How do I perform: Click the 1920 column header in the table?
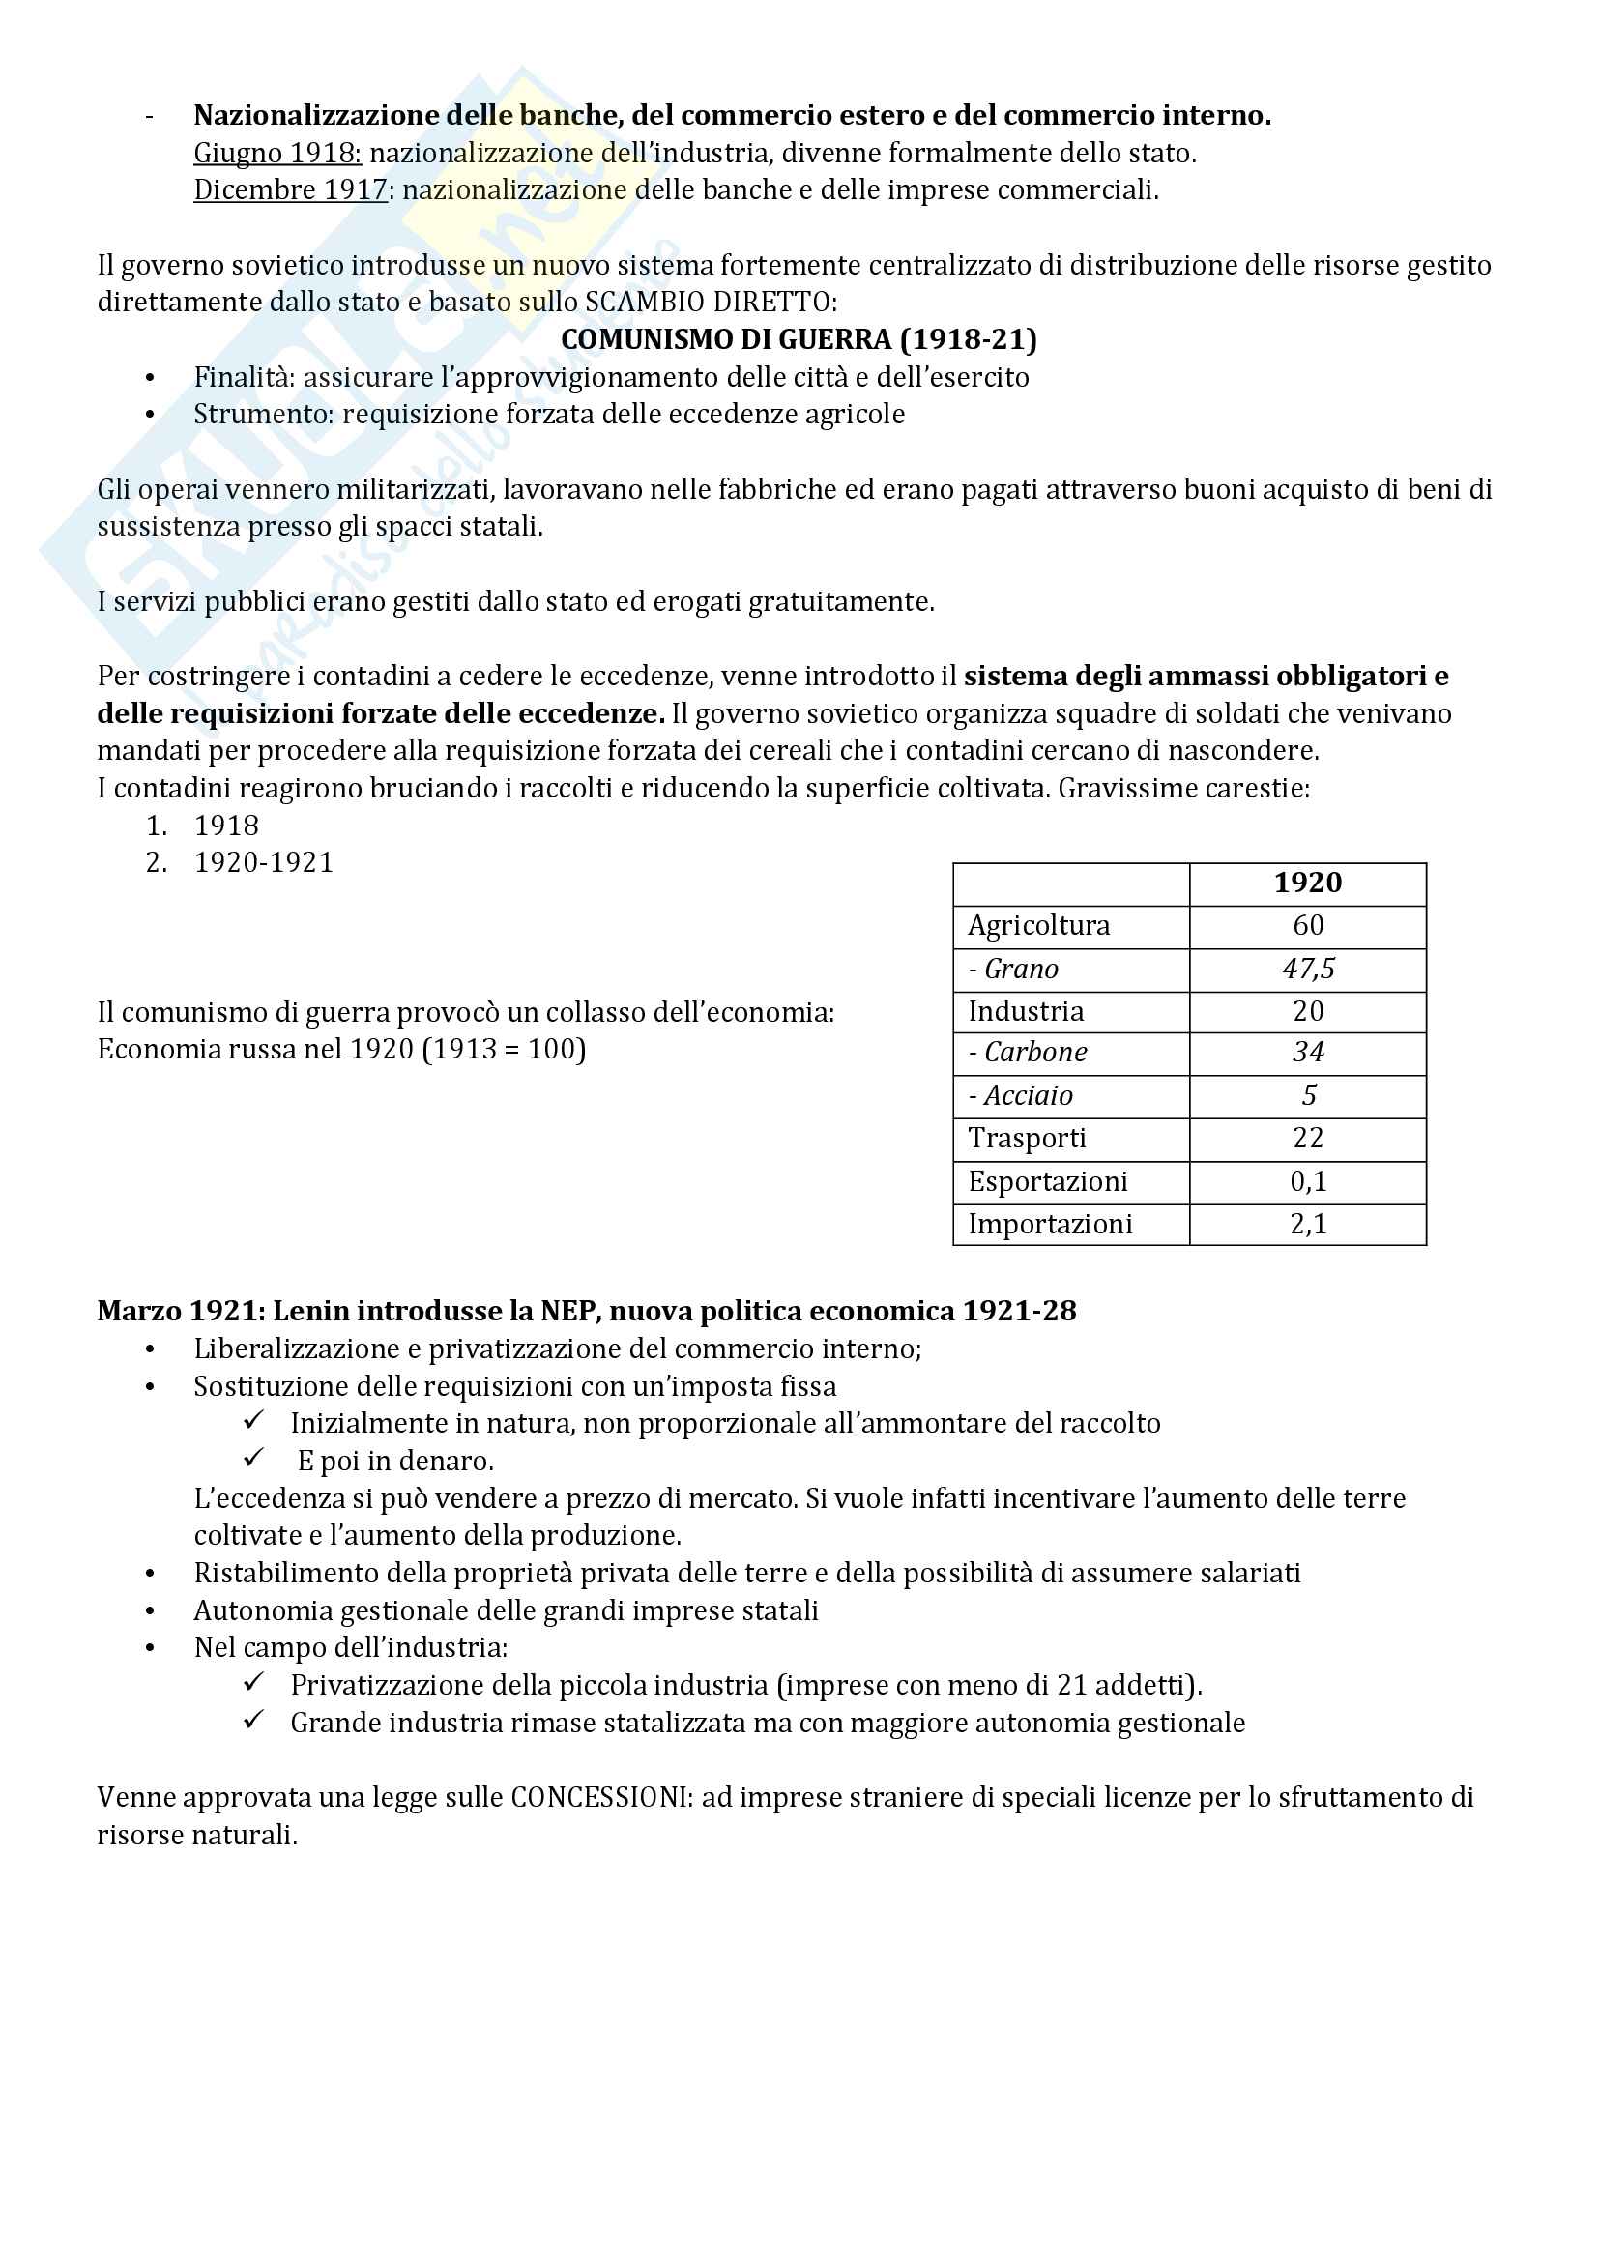1307,883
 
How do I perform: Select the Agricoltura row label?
1037,926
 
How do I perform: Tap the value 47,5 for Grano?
1308,969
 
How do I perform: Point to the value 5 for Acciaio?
1309,1095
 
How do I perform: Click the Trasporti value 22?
1308,1139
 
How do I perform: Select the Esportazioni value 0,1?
1308,1181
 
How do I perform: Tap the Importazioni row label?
1050,1224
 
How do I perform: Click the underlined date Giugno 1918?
276,154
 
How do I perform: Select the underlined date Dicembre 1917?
290,190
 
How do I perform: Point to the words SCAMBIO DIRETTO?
710,303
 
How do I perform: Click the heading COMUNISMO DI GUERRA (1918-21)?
799,339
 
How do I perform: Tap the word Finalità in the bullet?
244,377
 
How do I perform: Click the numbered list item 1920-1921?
264,862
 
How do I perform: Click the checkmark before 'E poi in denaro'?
254,1458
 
